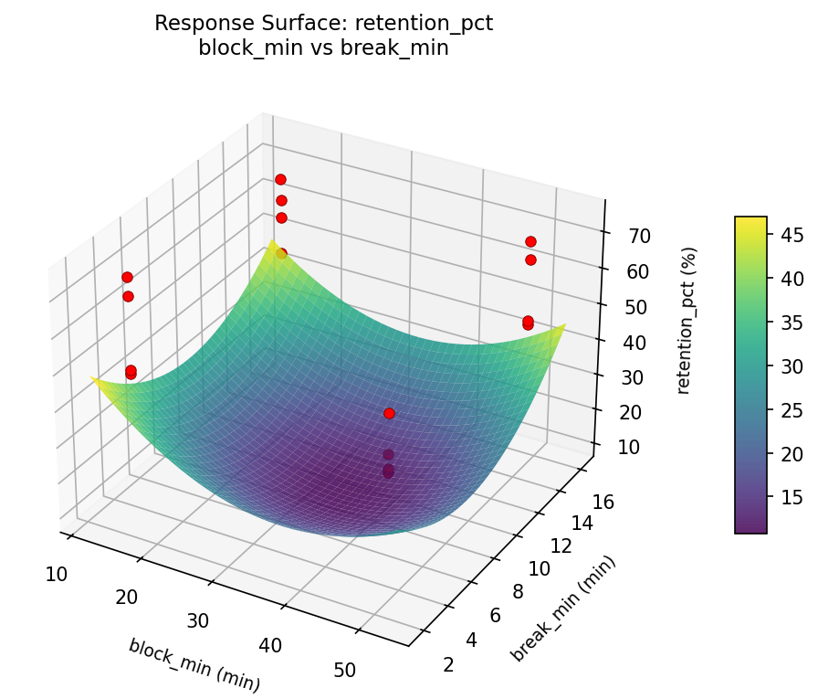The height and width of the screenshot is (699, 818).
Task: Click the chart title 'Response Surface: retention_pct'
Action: coord(323,24)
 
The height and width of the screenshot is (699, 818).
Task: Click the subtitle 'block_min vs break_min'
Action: coord(323,48)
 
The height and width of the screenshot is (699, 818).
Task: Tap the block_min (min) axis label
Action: coord(194,664)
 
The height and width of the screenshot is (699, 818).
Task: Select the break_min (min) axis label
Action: coord(562,608)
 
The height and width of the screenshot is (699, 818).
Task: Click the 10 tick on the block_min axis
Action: coord(56,574)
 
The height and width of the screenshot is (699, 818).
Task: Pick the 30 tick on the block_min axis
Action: coord(198,621)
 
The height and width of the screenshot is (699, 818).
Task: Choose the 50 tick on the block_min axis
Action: coord(344,670)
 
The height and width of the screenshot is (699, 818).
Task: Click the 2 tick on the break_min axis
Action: coord(447,664)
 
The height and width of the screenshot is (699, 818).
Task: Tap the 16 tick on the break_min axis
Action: coord(603,499)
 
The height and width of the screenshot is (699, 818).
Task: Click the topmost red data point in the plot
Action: coord(280,179)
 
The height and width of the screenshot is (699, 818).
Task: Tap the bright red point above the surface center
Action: coord(389,413)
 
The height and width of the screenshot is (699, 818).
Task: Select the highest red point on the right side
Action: coord(530,241)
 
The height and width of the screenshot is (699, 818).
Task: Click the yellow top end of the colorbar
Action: coord(750,222)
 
